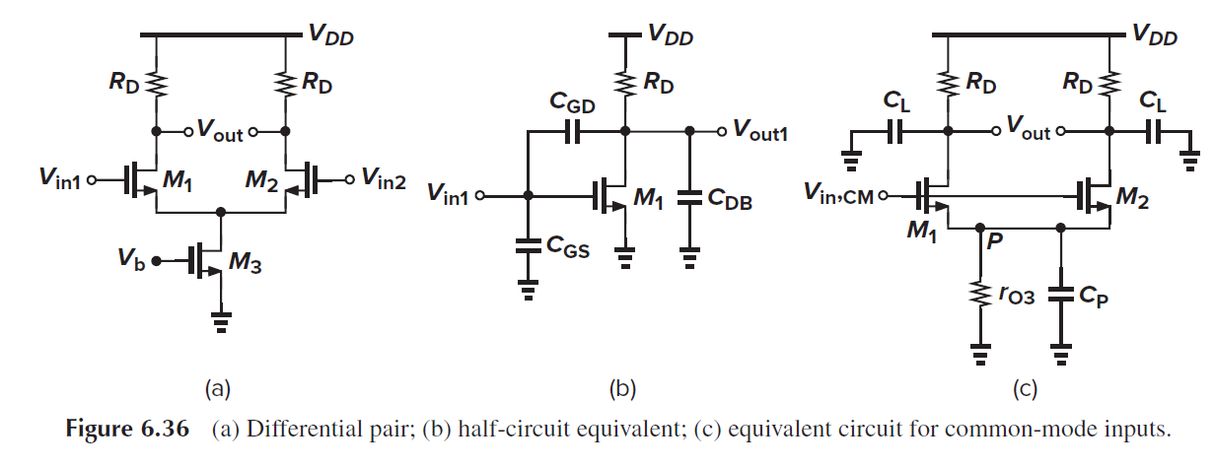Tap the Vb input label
tap(135, 261)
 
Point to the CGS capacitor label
tap(571, 250)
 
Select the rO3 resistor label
tap(1016, 295)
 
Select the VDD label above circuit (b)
tap(671, 36)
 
